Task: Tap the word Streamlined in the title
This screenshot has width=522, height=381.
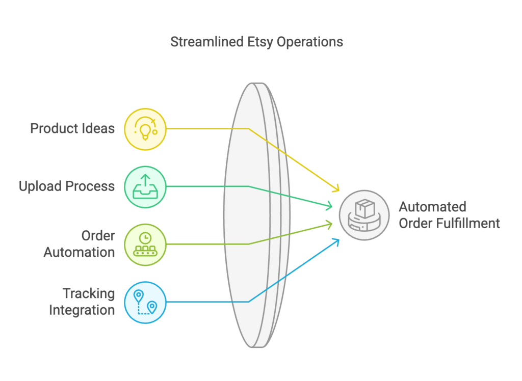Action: click(207, 42)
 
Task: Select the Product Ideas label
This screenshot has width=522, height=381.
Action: click(72, 128)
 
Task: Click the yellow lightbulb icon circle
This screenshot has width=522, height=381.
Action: click(145, 129)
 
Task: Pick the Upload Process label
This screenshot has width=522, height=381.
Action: click(67, 186)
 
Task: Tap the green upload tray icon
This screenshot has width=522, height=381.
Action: click(145, 187)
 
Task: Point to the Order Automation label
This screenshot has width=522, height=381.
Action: click(79, 244)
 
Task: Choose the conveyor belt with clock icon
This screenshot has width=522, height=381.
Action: click(145, 244)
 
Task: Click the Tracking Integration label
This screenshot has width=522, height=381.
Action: click(82, 302)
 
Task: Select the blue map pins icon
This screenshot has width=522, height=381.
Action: click(145, 303)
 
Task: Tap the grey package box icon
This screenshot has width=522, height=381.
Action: click(364, 215)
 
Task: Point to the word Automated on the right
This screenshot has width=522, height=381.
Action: click(432, 207)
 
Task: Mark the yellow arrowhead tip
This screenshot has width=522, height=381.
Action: click(339, 191)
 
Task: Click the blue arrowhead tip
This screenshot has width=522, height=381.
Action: click(339, 239)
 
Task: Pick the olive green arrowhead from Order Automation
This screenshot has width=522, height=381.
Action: click(332, 224)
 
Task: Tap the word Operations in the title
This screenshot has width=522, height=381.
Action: click(310, 42)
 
